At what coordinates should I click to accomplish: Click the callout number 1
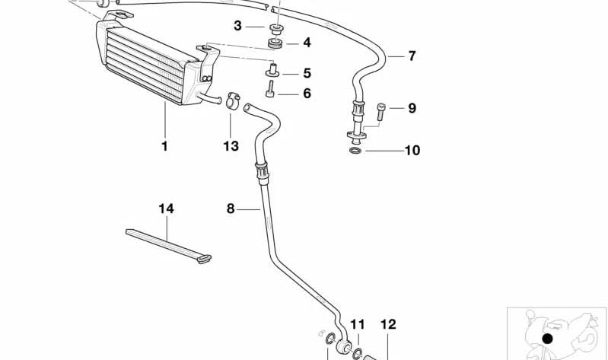tap(164, 145)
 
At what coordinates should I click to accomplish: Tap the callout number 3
tap(237, 26)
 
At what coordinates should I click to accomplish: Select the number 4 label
tap(306, 43)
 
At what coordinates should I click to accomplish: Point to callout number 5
tap(307, 74)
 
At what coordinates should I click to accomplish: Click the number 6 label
tap(307, 94)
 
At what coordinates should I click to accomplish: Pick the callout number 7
tap(412, 56)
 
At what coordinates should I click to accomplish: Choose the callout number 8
tap(231, 208)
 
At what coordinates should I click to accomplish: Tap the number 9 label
tap(412, 108)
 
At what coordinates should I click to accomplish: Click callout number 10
tap(412, 151)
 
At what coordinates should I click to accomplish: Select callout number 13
tap(231, 145)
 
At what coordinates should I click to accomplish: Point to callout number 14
tap(166, 209)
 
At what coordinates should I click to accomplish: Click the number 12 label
tap(388, 325)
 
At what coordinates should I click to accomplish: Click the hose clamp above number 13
tap(232, 100)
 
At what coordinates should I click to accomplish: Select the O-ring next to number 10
tap(355, 151)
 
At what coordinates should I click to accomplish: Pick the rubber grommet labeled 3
tap(275, 28)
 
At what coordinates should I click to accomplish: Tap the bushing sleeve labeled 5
tap(270, 72)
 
